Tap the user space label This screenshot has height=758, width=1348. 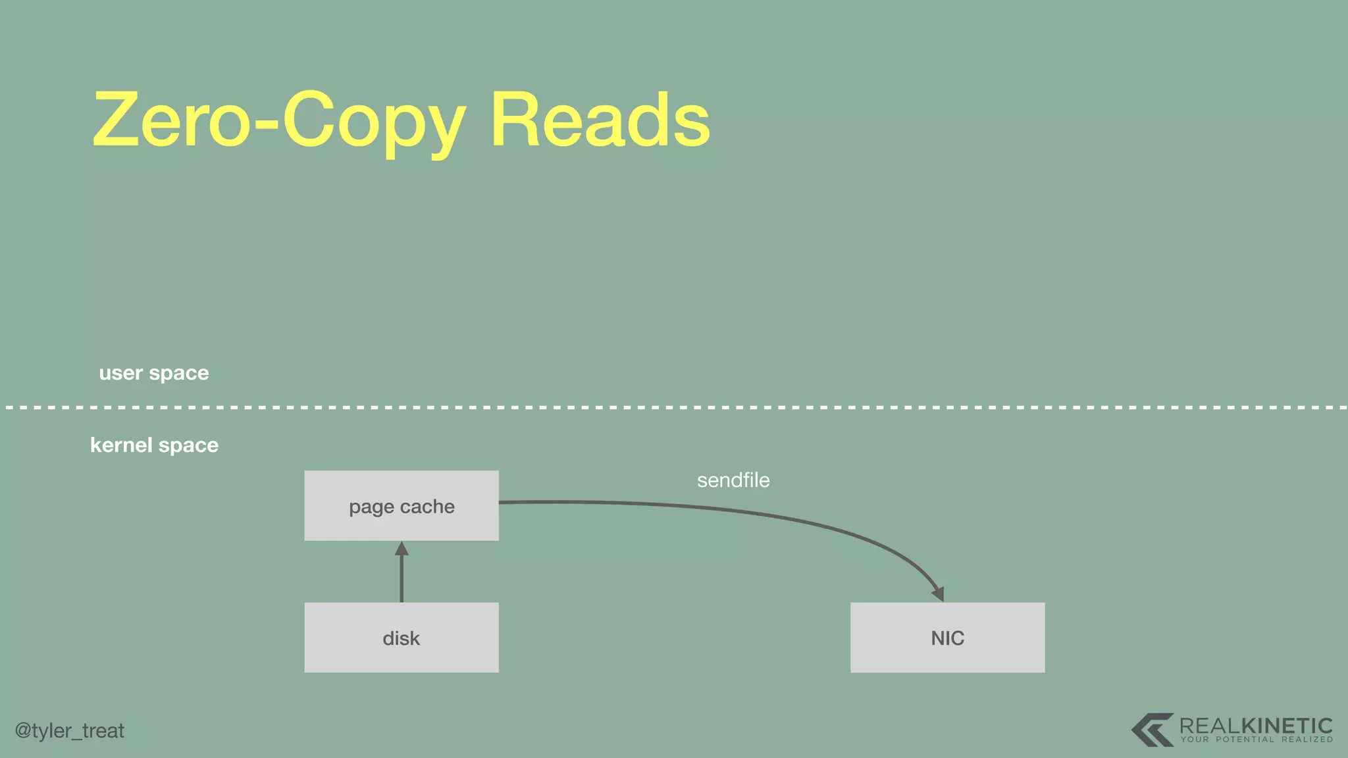(x=154, y=373)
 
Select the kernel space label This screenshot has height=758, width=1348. (x=154, y=445)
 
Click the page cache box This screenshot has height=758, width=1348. (x=402, y=505)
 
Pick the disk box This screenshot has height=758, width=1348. (x=402, y=638)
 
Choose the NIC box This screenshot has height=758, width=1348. (x=947, y=638)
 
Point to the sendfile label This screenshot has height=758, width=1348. (x=733, y=480)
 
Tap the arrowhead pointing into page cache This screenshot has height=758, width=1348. (x=402, y=548)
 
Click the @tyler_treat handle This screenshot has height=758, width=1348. (x=70, y=730)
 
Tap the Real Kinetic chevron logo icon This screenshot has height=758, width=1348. (x=1152, y=730)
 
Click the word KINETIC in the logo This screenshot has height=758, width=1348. (x=1287, y=726)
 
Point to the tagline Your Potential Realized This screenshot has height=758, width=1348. (x=1257, y=740)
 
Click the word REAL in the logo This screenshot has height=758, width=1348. (x=1210, y=726)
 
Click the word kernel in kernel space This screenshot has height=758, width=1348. (x=121, y=445)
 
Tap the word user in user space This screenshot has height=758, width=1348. (x=120, y=373)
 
